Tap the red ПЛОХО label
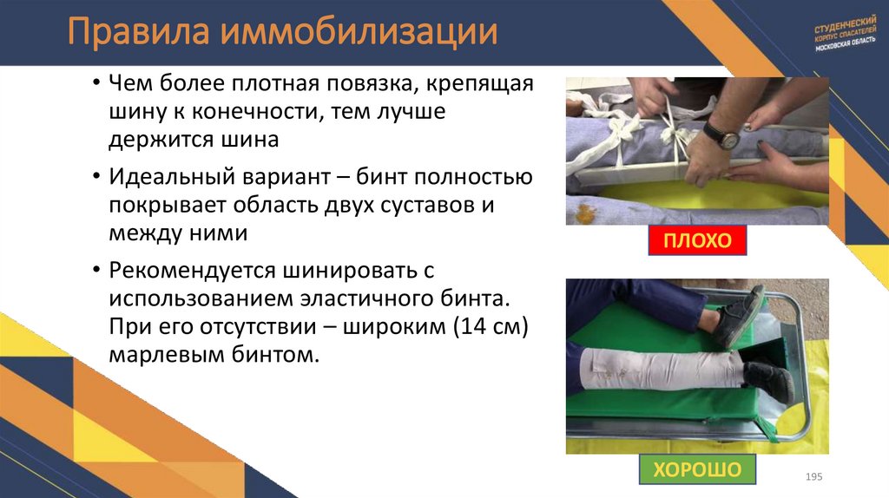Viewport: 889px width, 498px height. point(697,239)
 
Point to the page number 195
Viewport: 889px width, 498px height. point(813,478)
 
